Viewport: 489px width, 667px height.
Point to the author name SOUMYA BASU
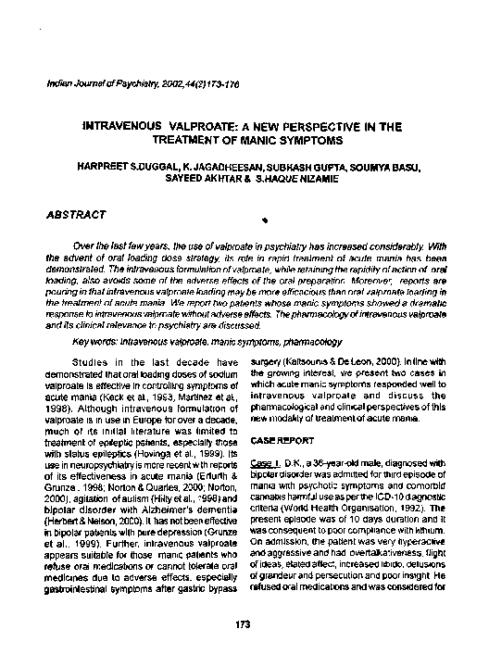tap(391, 168)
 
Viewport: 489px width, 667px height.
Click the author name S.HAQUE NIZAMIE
tap(290, 181)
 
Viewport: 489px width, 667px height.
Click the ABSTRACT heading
tap(76, 215)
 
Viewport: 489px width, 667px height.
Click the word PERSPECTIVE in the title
tap(294, 123)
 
